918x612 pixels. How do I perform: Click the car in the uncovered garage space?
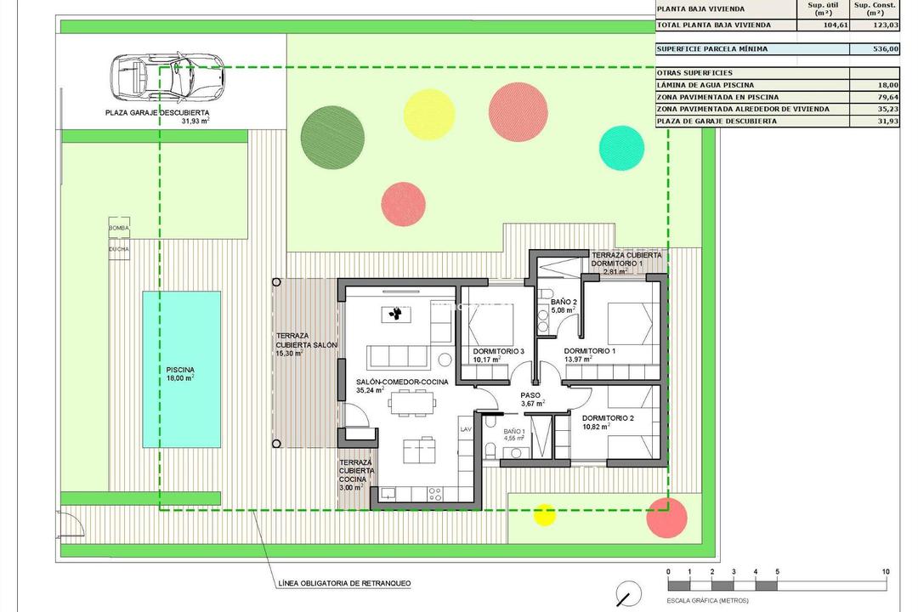(x=167, y=76)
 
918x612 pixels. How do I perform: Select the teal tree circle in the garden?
(x=621, y=146)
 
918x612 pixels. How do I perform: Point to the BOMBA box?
(x=119, y=229)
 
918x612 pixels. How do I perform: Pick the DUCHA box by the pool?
(x=119, y=249)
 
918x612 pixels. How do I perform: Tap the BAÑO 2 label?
(x=564, y=303)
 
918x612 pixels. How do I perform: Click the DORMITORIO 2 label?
(x=608, y=418)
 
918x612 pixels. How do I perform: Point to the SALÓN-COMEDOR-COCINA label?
(x=402, y=382)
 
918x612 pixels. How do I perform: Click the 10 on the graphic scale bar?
(x=886, y=571)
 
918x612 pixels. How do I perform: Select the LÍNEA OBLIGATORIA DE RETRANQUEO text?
(x=344, y=584)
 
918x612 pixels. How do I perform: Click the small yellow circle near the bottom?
(x=544, y=513)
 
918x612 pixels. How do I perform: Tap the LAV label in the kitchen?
(x=465, y=430)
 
